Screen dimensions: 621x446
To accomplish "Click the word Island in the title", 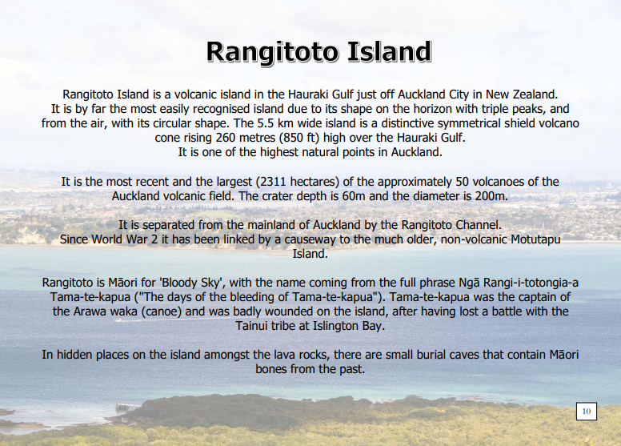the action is [389, 51].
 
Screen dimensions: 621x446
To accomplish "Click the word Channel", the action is [479, 225].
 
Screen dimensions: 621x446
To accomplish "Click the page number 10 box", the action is [587, 411].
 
